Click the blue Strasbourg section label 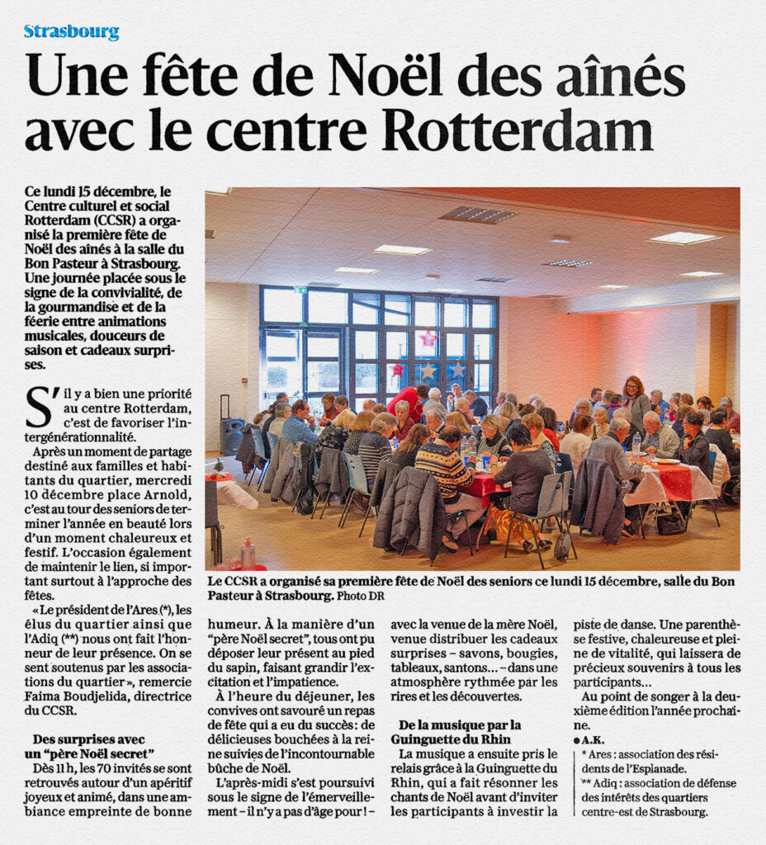71,32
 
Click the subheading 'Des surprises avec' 89,739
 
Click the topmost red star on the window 428,338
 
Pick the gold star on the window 428,371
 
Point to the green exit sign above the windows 300,290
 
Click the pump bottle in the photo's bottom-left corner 248,553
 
